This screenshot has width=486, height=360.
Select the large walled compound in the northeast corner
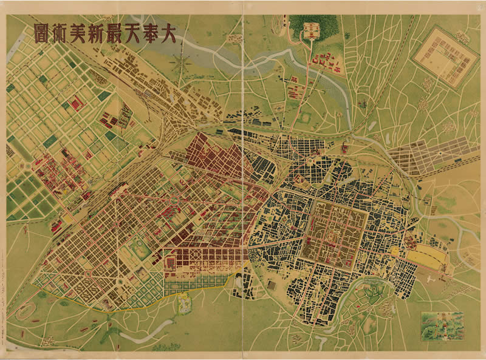tap(445, 56)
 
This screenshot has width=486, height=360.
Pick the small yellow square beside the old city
tap(397, 250)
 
